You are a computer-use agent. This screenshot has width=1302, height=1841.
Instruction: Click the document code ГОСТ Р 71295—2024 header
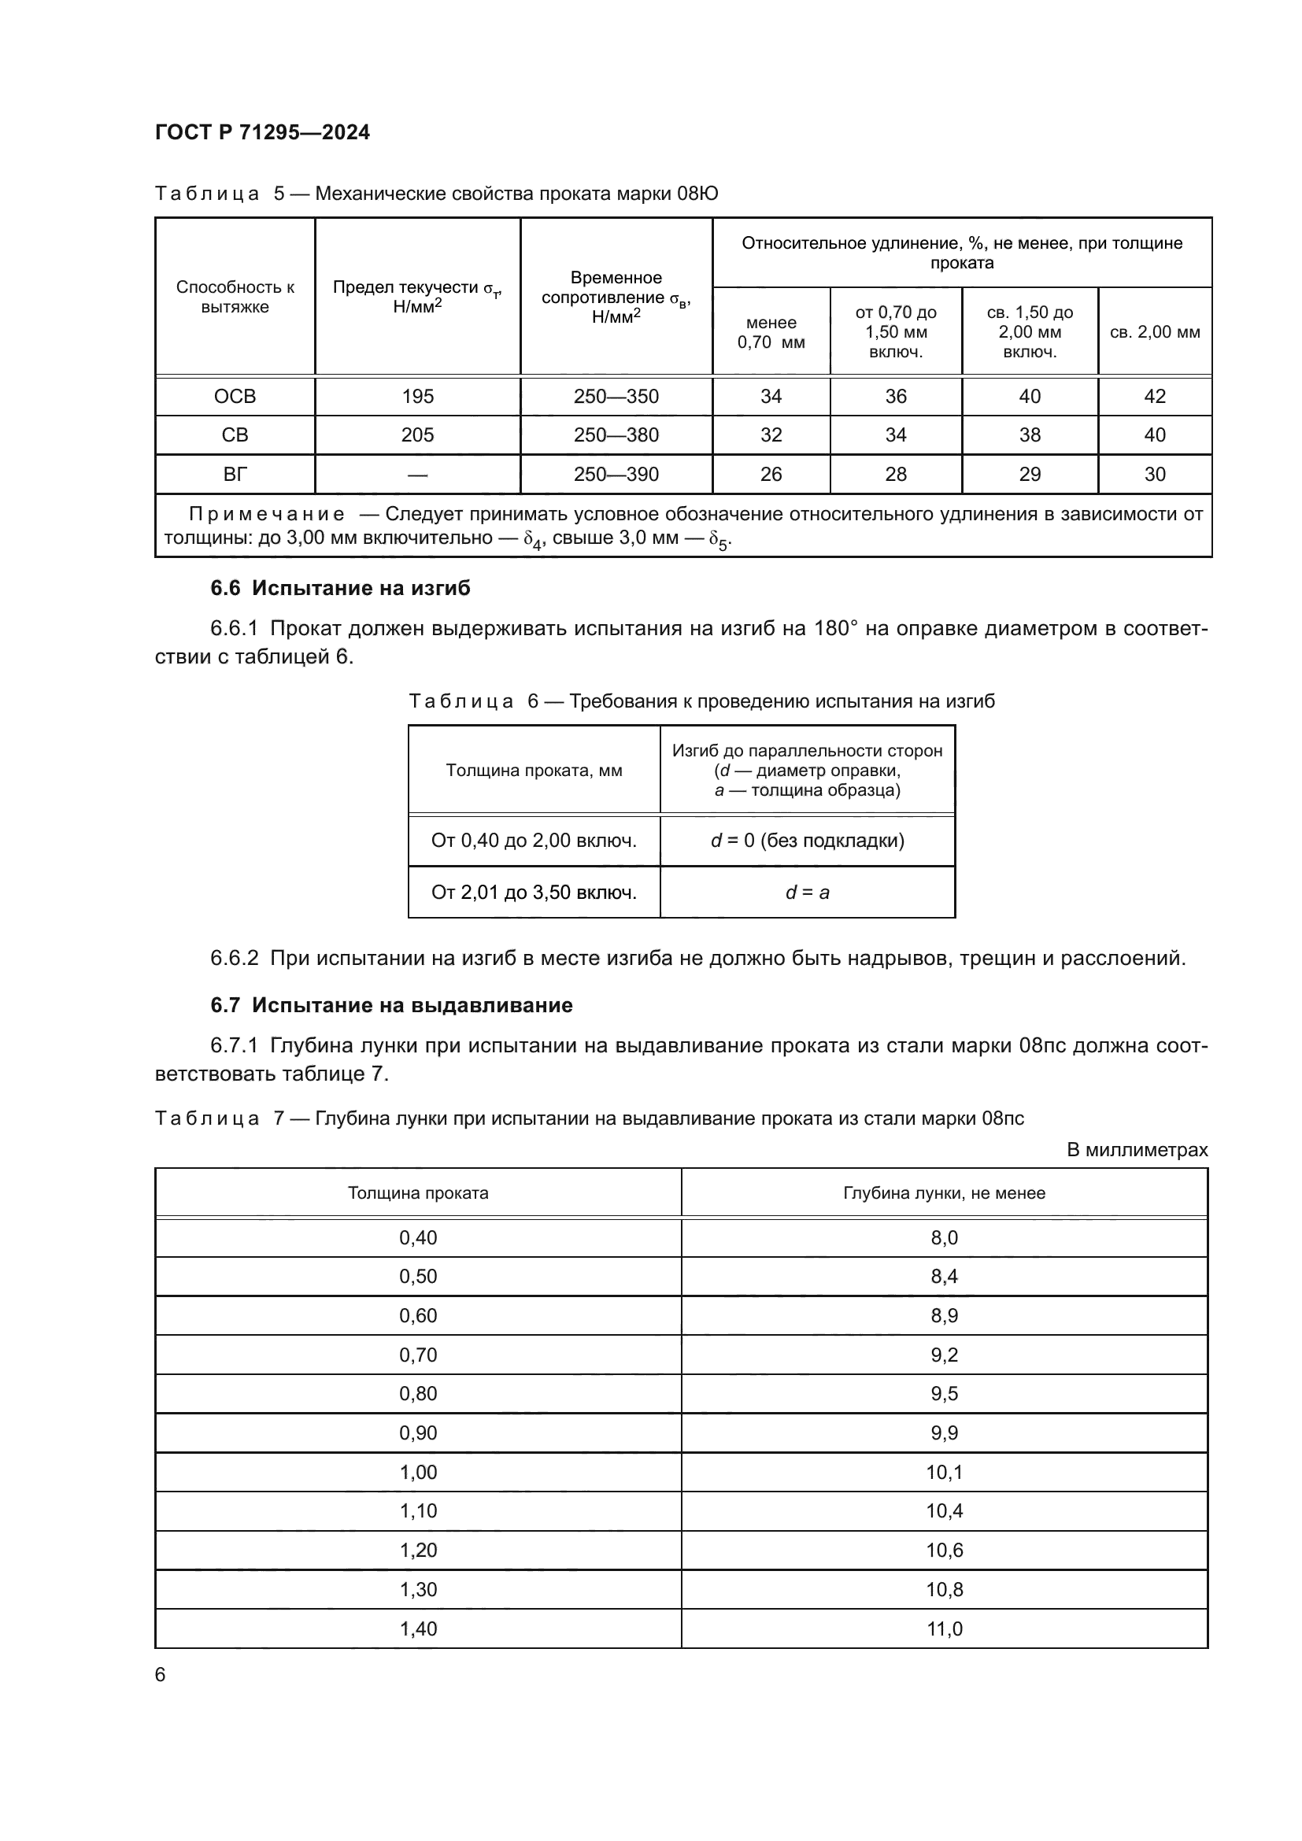click(x=262, y=132)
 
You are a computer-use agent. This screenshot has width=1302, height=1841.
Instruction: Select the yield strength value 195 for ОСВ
click(x=418, y=396)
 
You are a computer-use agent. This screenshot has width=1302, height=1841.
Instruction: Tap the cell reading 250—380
click(x=616, y=434)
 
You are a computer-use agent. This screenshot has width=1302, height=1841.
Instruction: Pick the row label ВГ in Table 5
click(x=235, y=474)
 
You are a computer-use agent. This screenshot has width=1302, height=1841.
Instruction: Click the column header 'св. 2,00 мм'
click(x=1155, y=332)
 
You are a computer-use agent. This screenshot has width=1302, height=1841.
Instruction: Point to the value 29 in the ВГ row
click(x=1030, y=474)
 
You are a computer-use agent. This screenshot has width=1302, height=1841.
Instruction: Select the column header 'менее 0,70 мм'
click(x=771, y=332)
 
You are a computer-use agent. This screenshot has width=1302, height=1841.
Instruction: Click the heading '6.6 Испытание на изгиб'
click(x=340, y=588)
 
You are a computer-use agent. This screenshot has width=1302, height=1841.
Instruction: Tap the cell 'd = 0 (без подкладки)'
click(x=808, y=841)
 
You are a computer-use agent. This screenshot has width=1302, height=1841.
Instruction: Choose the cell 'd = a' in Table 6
click(x=808, y=892)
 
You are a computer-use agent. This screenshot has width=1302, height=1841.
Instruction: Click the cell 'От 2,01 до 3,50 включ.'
click(x=534, y=892)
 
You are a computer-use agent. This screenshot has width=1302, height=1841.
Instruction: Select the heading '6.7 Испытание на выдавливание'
click(x=391, y=1004)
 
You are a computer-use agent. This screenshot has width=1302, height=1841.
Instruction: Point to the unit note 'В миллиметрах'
click(x=1137, y=1150)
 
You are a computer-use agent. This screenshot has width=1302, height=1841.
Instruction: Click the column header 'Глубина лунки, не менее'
click(x=944, y=1193)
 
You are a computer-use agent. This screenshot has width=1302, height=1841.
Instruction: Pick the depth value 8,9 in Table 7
click(x=944, y=1316)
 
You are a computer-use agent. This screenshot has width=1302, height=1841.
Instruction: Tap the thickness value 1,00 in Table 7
click(x=418, y=1472)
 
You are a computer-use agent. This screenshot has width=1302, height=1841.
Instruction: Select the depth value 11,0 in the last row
click(x=944, y=1628)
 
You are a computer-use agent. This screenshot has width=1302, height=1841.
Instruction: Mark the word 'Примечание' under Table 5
click(x=267, y=514)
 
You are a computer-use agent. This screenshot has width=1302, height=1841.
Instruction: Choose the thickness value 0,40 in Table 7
click(x=418, y=1237)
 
